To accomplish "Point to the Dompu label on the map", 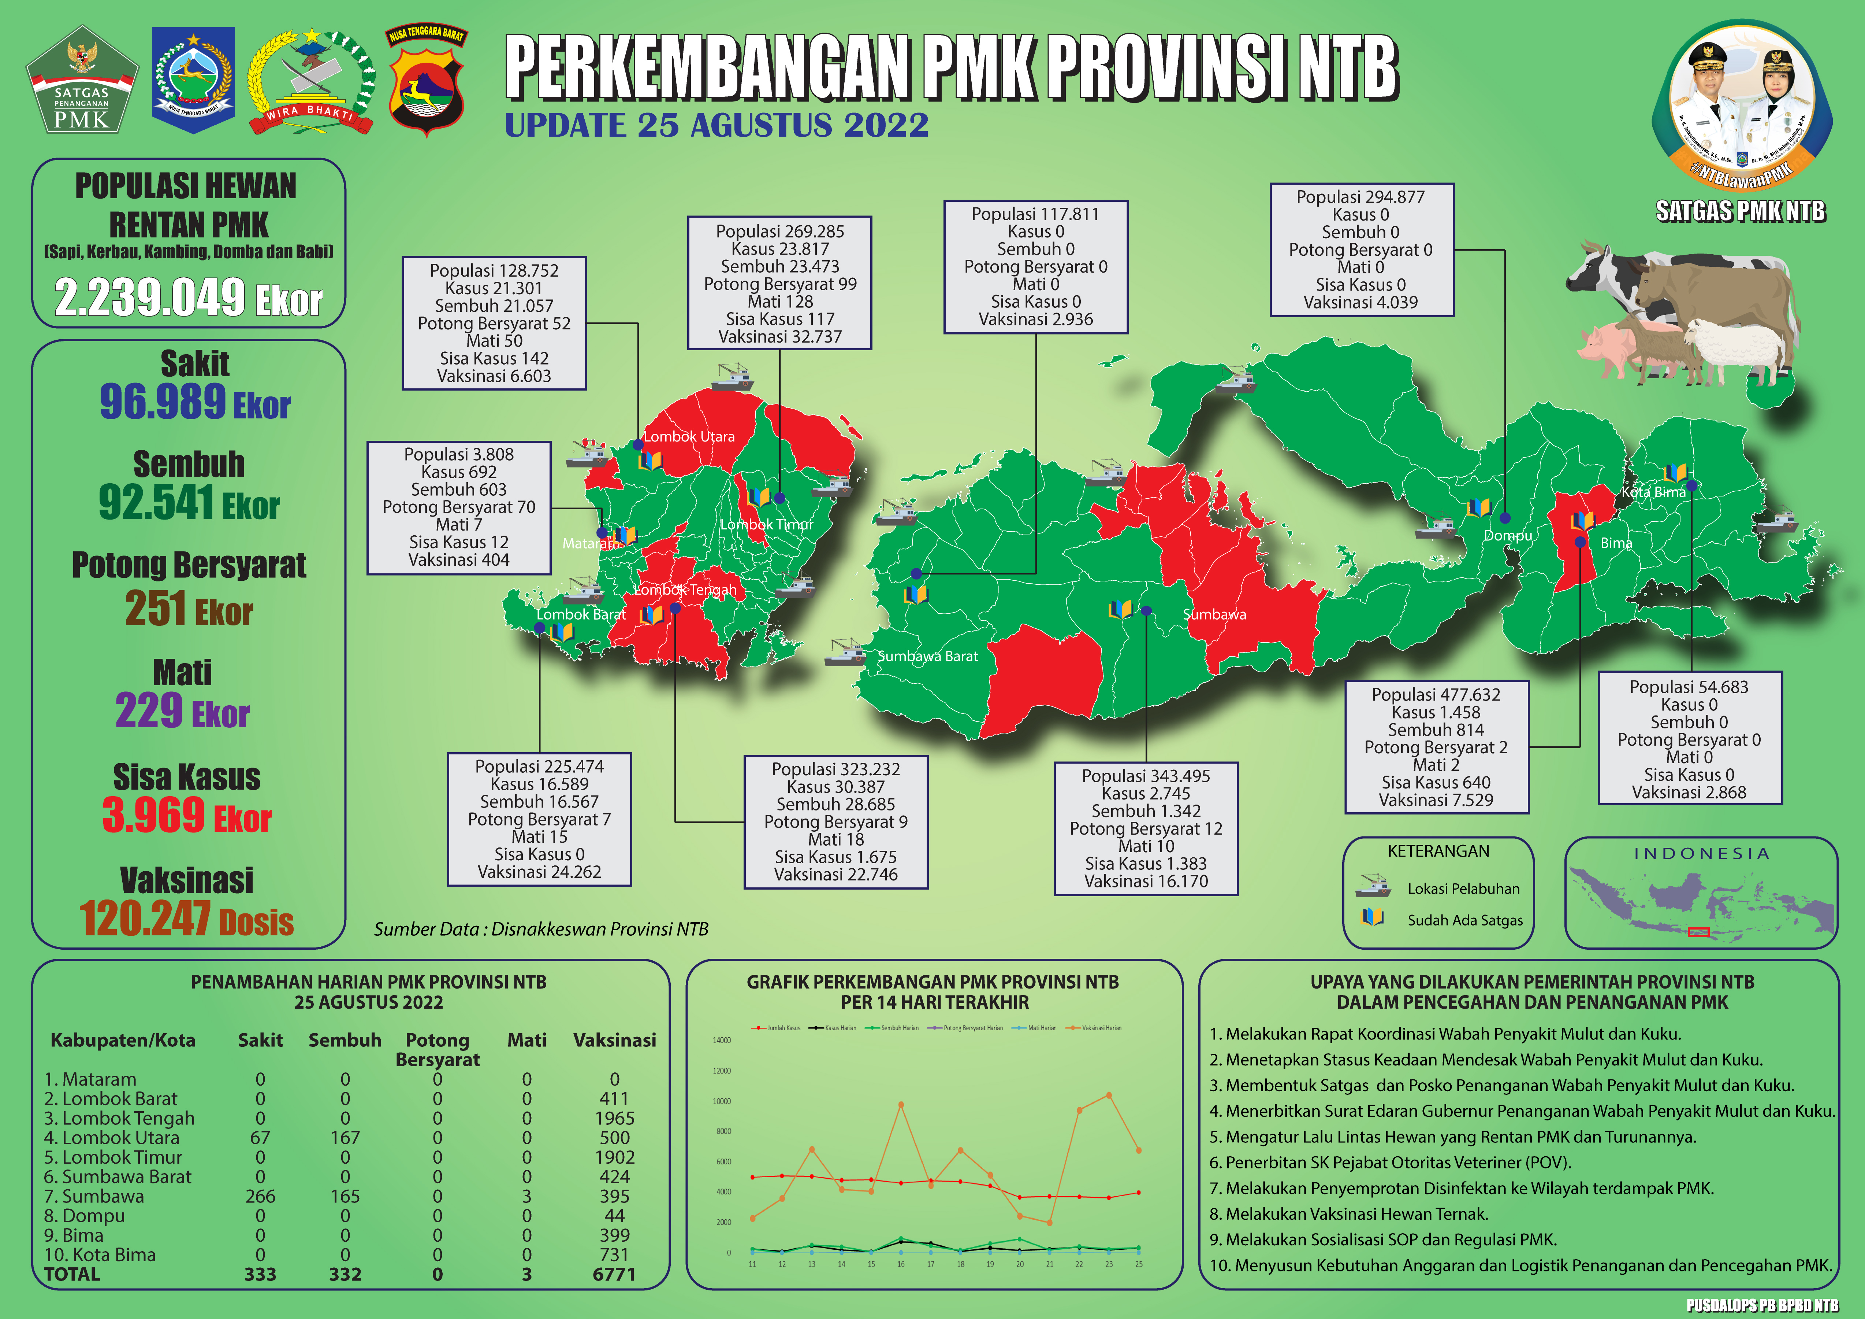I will [1508, 536].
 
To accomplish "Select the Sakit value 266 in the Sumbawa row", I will [260, 1196].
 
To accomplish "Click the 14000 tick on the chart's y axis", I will [721, 1040].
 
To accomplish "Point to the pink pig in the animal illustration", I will [1604, 348].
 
